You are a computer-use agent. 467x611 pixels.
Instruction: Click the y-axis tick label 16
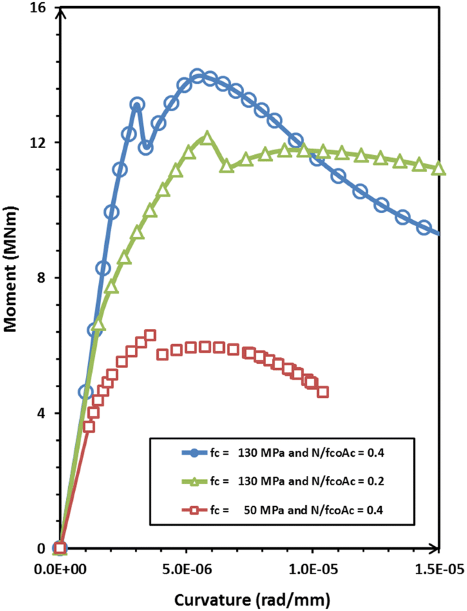pyautogui.click(x=42, y=8)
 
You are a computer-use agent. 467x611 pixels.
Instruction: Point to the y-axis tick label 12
pyautogui.click(x=42, y=143)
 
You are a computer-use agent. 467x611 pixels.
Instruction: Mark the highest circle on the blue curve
pyautogui.click(x=198, y=76)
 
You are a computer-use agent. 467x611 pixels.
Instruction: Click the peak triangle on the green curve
pyautogui.click(x=206, y=138)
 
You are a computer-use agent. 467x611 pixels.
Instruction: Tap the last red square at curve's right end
pyautogui.click(x=322, y=392)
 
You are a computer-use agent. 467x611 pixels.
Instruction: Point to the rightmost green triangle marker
pyautogui.click(x=439, y=169)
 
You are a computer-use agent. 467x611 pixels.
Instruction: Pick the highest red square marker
pyautogui.click(x=150, y=335)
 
